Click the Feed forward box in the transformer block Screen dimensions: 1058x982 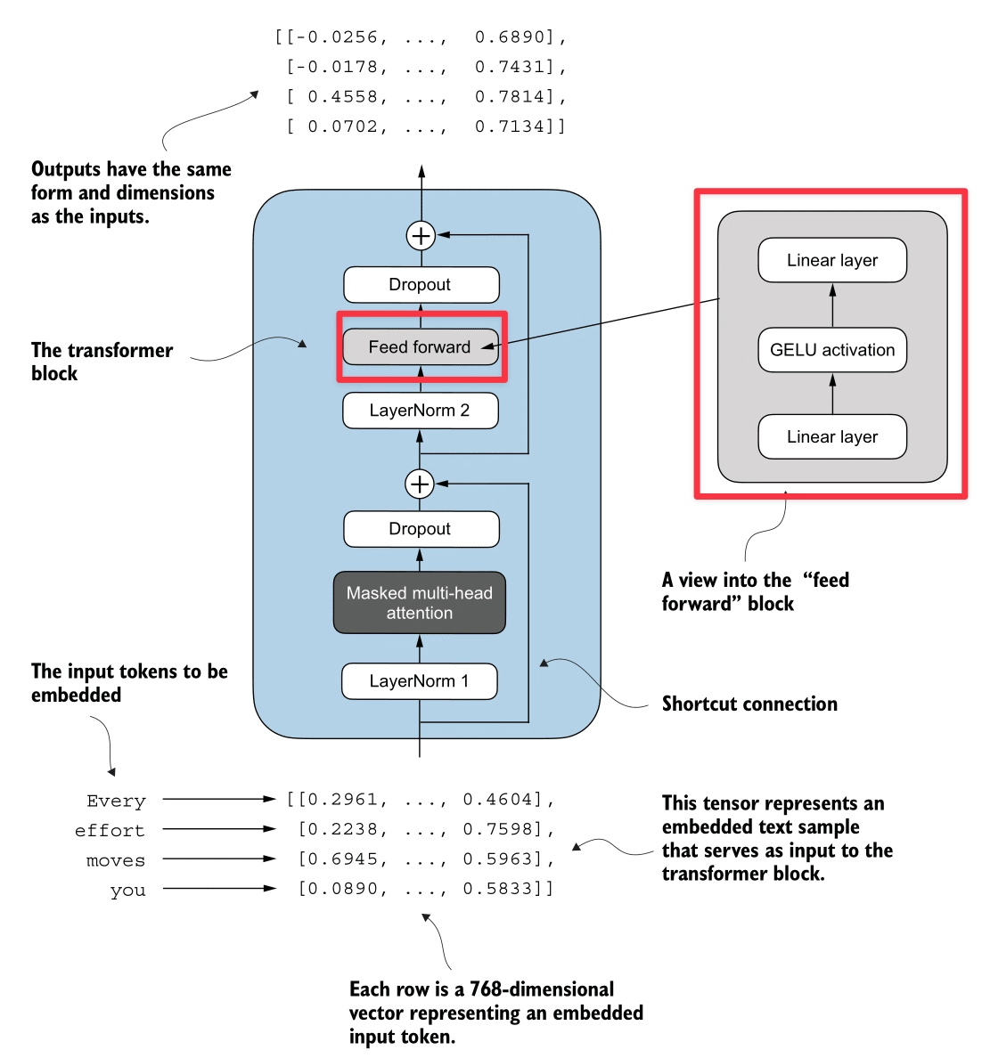pyautogui.click(x=421, y=347)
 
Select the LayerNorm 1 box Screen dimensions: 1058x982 pyautogui.click(x=419, y=681)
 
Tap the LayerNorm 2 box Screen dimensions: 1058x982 pyautogui.click(x=420, y=411)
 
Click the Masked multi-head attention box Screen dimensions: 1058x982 pyautogui.click(x=419, y=603)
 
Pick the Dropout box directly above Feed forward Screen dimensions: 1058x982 pyautogui.click(x=421, y=285)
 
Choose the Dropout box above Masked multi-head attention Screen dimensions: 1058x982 pyautogui.click(x=421, y=529)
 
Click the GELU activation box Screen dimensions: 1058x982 pyautogui.click(x=832, y=350)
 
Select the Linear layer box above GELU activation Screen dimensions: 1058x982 pyautogui.click(x=832, y=260)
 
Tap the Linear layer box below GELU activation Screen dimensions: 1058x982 pyautogui.click(x=832, y=436)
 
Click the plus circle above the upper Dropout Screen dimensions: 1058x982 pyautogui.click(x=421, y=235)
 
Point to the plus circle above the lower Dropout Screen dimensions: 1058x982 pyautogui.click(x=420, y=484)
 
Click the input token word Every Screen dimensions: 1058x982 pyautogui.click(x=116, y=801)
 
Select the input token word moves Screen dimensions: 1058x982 pyautogui.click(x=116, y=860)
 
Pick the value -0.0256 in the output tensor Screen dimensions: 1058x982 pyautogui.click(x=339, y=37)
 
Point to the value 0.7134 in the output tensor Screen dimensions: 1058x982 pyautogui.click(x=510, y=126)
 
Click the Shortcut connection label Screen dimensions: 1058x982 pyautogui.click(x=749, y=704)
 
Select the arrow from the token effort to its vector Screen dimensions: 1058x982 pyautogui.click(x=218, y=829)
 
